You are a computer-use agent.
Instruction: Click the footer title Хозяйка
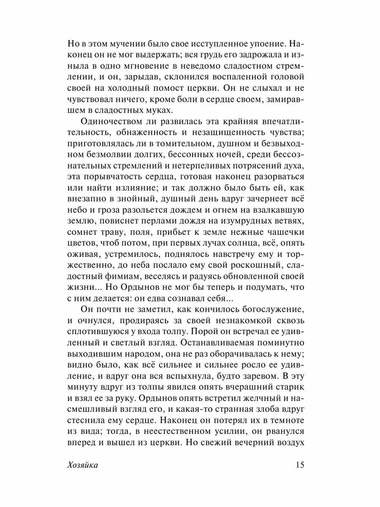tap(82, 465)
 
